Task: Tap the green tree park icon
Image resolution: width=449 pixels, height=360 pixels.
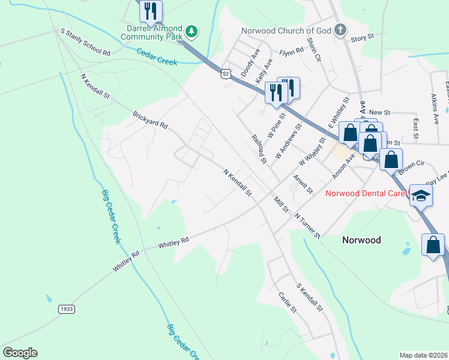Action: click(x=191, y=30)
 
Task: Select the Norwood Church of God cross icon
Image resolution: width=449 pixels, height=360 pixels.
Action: click(x=340, y=30)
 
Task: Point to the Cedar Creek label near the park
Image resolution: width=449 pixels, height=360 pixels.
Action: click(x=157, y=57)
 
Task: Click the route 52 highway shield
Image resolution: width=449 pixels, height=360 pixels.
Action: click(x=224, y=73)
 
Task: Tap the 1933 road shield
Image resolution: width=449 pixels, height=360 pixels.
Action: click(x=67, y=308)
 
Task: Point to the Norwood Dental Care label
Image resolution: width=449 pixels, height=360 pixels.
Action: click(x=366, y=193)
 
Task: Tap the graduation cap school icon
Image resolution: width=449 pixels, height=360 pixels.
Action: click(x=421, y=196)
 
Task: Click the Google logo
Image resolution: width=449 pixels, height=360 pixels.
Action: click(x=20, y=353)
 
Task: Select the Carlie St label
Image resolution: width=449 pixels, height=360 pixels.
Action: click(x=288, y=302)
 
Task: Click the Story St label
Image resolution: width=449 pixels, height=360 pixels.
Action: click(x=363, y=37)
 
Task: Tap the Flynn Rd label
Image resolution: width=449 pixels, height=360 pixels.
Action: click(x=291, y=52)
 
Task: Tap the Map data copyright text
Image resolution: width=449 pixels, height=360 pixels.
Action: click(x=424, y=355)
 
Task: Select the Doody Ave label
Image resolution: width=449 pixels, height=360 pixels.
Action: click(x=248, y=66)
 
